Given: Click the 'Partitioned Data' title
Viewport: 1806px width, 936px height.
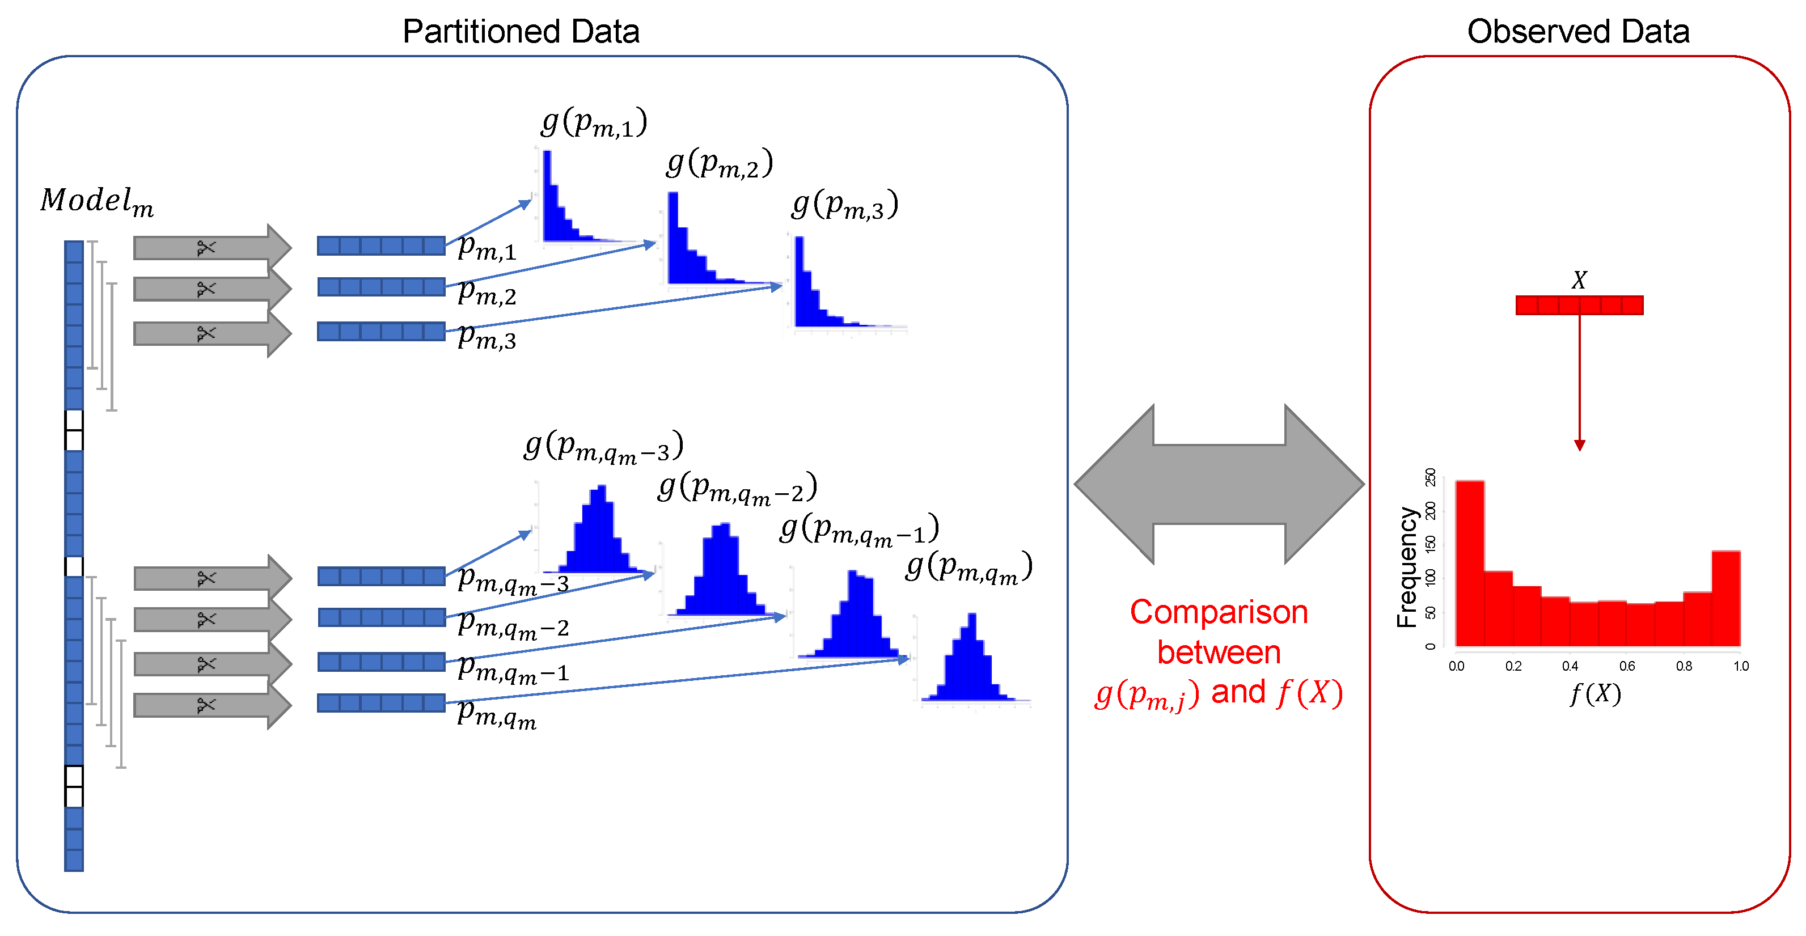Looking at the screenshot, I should click(521, 32).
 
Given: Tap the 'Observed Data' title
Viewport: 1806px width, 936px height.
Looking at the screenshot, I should click(1577, 32).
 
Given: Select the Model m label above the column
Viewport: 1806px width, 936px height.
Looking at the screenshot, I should click(97, 201).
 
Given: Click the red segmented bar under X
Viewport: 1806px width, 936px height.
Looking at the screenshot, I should click(1579, 305).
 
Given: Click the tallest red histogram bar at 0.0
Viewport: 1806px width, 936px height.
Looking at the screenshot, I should click(1470, 561).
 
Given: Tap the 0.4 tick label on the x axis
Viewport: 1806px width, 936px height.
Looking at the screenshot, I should click(1570, 666).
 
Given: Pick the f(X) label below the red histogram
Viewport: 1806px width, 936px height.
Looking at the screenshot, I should click(1595, 694).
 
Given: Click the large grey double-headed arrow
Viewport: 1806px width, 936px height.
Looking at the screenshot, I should click(1219, 484).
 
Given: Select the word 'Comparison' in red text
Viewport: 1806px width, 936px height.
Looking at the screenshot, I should click(1219, 612).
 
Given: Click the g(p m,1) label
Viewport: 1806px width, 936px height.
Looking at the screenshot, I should click(594, 122).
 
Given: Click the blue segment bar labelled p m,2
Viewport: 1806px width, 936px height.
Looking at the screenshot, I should click(380, 287).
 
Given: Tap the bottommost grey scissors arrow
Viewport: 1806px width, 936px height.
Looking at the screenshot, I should click(210, 705).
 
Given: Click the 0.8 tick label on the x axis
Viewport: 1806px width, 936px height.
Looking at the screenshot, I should click(1684, 666).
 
